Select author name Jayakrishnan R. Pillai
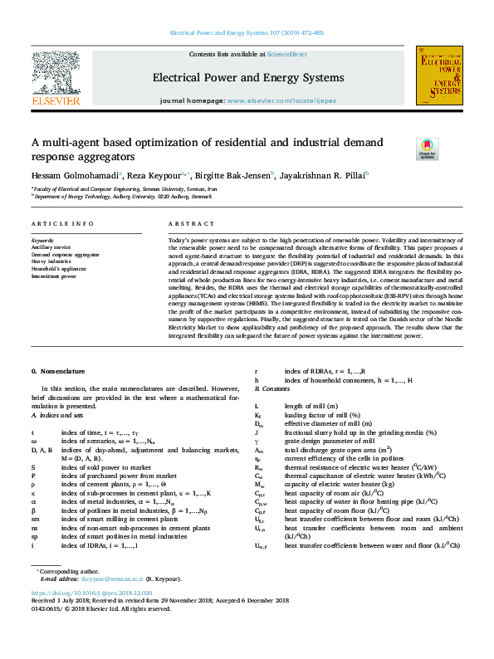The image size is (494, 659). tap(325, 175)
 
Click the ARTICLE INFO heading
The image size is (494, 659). tap(63, 224)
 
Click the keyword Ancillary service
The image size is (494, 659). tap(51, 247)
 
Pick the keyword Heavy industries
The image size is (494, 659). tap(50, 261)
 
